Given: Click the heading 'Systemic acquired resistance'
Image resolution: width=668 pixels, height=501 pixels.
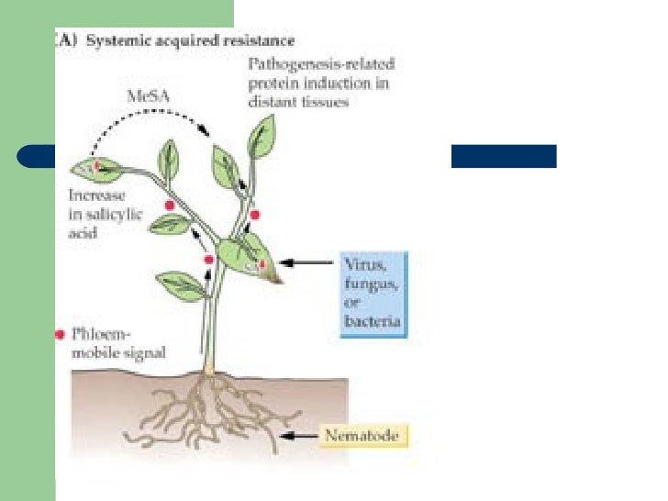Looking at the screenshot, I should point(196,41).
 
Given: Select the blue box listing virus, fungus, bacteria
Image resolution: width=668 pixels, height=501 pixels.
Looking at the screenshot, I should point(372,295).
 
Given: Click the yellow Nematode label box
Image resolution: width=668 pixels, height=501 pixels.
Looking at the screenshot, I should point(364,436).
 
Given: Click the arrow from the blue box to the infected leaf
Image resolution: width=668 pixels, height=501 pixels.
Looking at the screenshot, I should point(307,263).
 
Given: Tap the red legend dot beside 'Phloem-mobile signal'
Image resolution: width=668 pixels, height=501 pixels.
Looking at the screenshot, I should point(61,335).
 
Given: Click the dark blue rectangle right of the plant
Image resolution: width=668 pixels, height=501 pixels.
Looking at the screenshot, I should point(503,156).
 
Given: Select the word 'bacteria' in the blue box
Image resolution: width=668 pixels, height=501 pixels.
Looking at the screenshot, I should point(372,321).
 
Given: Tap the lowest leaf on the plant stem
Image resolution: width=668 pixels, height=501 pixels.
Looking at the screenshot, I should point(182,284).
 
